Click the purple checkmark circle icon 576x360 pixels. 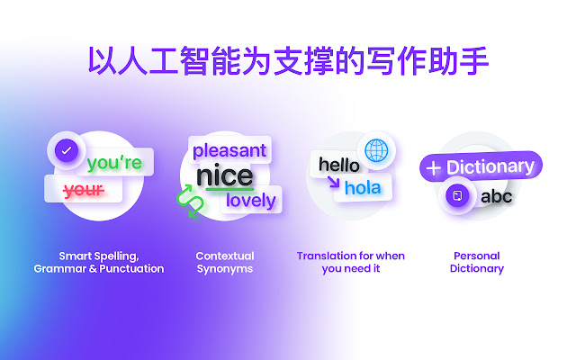click(x=67, y=150)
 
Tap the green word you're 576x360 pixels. click(x=114, y=162)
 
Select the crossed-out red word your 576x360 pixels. click(x=84, y=190)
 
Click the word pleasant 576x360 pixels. click(x=229, y=150)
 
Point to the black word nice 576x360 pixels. click(x=225, y=176)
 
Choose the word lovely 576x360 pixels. click(x=251, y=201)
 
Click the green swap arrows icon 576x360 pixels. click(x=190, y=201)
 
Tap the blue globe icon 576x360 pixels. click(x=376, y=150)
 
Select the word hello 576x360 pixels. click(x=339, y=165)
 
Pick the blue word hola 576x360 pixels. click(x=363, y=188)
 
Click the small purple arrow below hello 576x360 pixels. click(x=334, y=182)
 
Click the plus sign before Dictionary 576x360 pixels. click(x=434, y=168)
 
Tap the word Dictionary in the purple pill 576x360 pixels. click(x=490, y=166)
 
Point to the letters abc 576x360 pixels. click(x=496, y=196)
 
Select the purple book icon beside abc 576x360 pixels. click(x=457, y=195)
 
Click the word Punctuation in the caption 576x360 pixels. click(x=131, y=268)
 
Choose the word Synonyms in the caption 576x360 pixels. click(x=225, y=269)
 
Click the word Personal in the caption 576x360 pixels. click(x=477, y=256)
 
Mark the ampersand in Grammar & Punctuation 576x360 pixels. click(x=93, y=268)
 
